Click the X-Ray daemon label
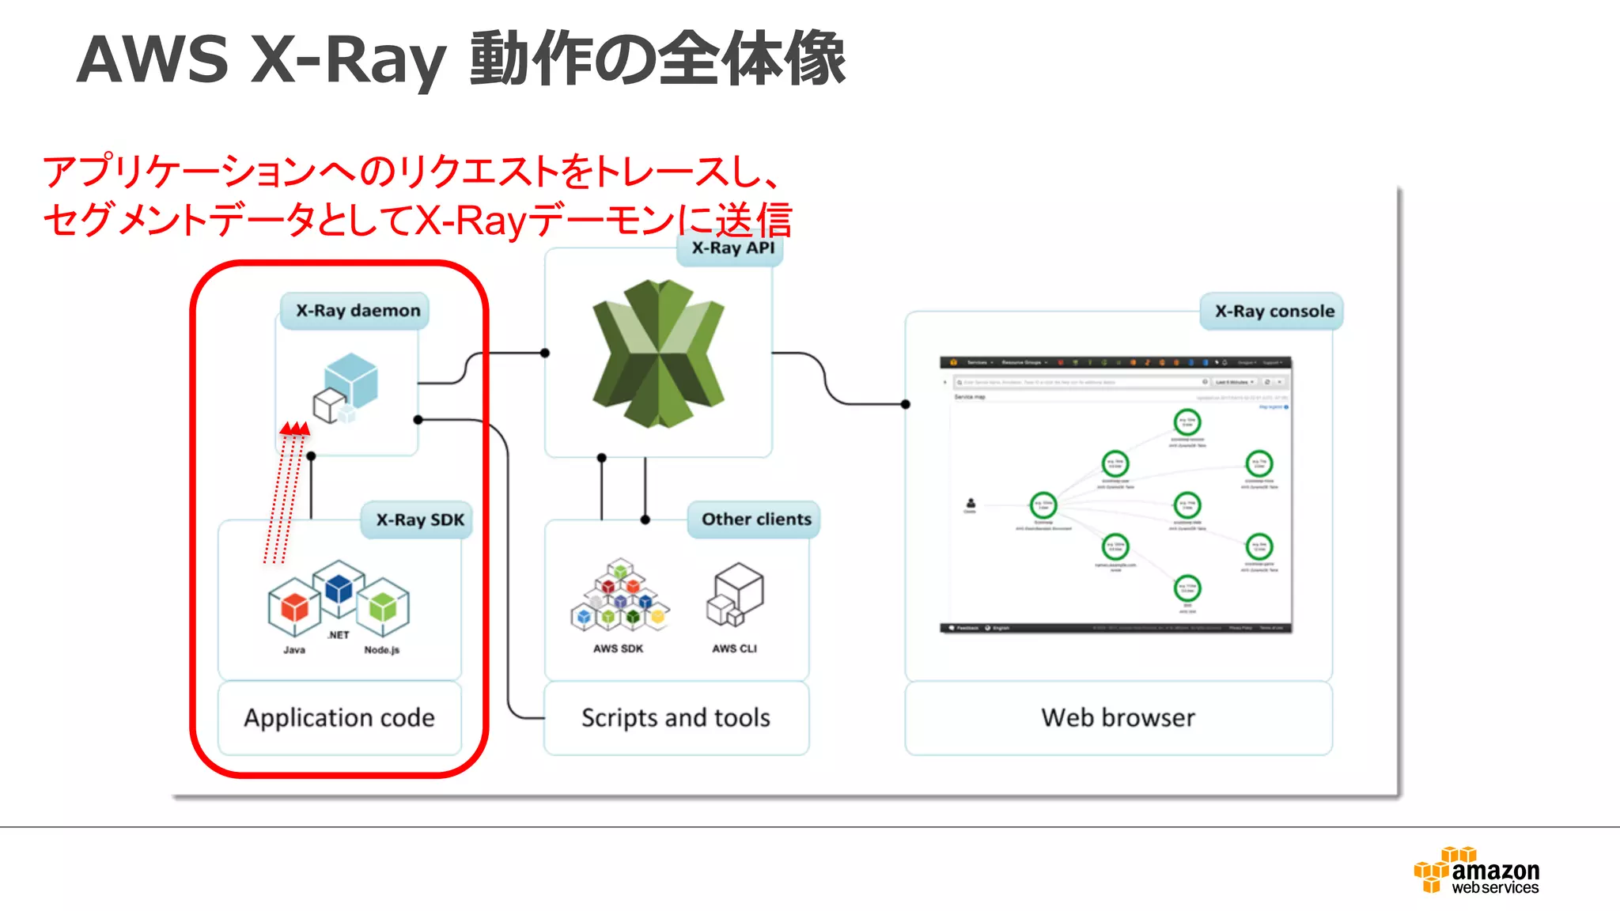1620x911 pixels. pyautogui.click(x=358, y=311)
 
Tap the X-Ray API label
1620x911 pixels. pyautogui.click(x=732, y=248)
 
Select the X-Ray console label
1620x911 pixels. pyautogui.click(x=1274, y=312)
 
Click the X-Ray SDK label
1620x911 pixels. pyautogui.click(x=419, y=520)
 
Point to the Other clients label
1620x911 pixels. pyautogui.click(x=755, y=520)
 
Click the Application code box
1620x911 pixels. pyautogui.click(x=339, y=717)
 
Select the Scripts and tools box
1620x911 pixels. pyautogui.click(x=676, y=717)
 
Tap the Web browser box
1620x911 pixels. pyautogui.click(x=1118, y=717)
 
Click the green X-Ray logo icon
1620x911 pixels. pyautogui.click(x=658, y=353)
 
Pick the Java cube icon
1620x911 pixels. pyautogui.click(x=294, y=607)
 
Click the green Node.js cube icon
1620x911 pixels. pyautogui.click(x=383, y=607)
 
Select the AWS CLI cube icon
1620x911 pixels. pyautogui.click(x=736, y=595)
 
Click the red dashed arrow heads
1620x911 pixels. pyautogui.click(x=295, y=429)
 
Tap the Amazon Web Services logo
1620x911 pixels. pyautogui.click(x=1476, y=871)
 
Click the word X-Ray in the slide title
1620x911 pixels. pyautogui.click(x=348, y=59)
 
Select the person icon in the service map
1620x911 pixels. pyautogui.click(x=971, y=504)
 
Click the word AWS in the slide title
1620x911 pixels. pyautogui.click(x=153, y=59)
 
